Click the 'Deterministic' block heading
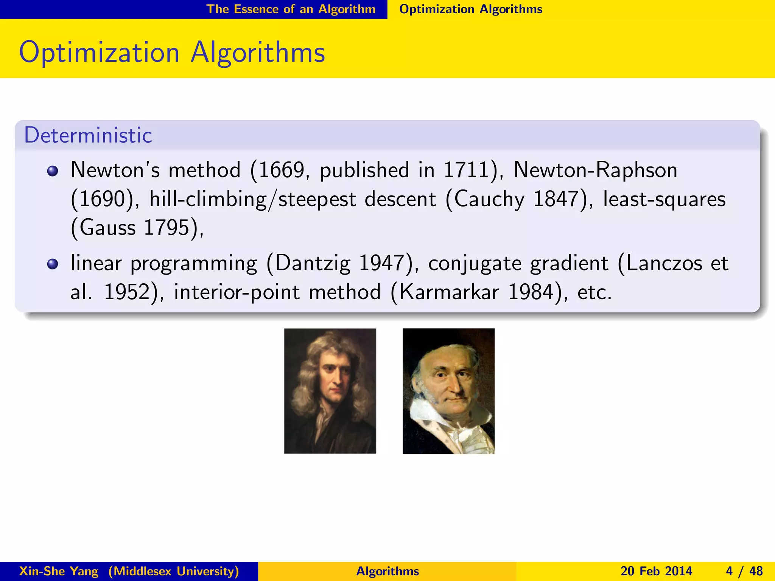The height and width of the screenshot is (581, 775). [88, 135]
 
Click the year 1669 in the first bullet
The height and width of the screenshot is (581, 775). [282, 170]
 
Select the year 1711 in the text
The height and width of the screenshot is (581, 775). [466, 170]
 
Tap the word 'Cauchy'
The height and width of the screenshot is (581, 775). [489, 199]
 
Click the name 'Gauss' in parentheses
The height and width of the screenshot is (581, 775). [107, 228]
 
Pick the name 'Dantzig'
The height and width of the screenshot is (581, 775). [313, 264]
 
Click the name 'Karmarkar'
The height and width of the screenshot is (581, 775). [449, 292]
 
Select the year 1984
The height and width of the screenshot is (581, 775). [531, 292]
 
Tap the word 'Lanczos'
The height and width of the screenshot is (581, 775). [664, 264]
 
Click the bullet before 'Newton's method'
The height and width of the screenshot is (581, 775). [53, 171]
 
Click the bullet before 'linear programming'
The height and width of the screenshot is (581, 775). [53, 264]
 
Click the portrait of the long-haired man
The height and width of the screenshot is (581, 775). [330, 391]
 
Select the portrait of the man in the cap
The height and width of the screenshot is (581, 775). [448, 391]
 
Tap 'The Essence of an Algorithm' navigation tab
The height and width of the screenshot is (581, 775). [291, 9]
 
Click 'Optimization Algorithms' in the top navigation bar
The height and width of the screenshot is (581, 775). [471, 9]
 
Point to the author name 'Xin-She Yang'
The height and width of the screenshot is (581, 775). [59, 571]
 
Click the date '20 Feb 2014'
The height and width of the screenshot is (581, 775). [656, 571]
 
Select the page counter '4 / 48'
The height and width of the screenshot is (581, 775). [744, 571]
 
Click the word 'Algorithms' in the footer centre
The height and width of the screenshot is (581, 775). [387, 571]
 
